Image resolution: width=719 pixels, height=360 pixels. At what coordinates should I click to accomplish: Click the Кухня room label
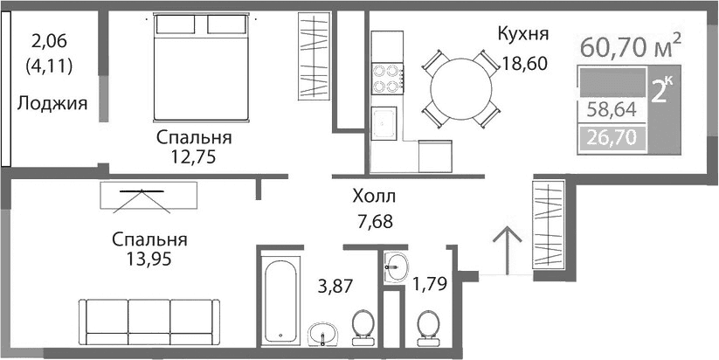coord(522,35)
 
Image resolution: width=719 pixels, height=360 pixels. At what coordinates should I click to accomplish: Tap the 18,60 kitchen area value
coord(524,63)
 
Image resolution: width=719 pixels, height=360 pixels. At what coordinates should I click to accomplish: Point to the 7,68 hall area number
coord(373,220)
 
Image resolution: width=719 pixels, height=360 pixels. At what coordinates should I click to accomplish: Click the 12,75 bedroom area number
coord(194,157)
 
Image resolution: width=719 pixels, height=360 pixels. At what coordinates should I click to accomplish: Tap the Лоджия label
coord(52,104)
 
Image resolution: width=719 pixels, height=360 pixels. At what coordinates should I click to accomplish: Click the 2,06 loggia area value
coord(50,39)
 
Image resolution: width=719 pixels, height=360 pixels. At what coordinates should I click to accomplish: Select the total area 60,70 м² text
coord(629,45)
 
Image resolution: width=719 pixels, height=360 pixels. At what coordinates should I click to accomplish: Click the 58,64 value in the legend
coord(612,110)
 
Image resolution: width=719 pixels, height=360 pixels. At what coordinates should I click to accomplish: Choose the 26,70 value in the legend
coord(612,136)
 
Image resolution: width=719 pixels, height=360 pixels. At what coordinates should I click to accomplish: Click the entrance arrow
coord(505,250)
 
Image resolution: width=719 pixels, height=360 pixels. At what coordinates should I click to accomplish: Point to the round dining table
coord(453,87)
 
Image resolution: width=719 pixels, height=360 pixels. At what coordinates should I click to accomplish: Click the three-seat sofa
coord(149,322)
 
